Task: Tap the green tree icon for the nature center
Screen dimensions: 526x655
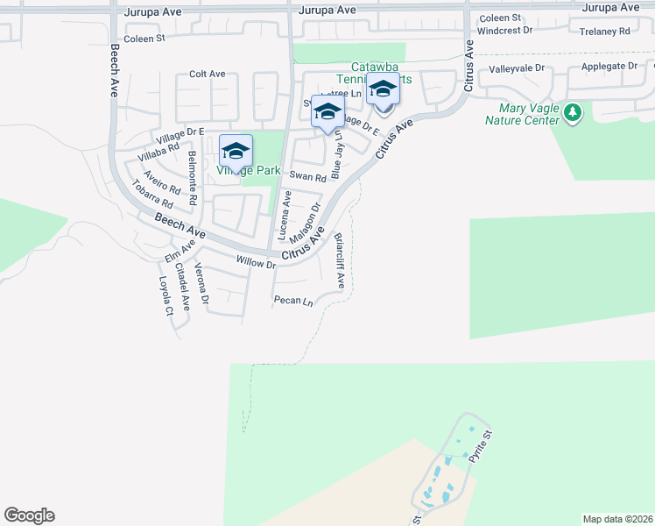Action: (x=573, y=113)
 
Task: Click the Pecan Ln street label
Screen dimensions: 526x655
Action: (x=293, y=301)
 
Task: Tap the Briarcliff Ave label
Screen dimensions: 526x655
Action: (x=340, y=260)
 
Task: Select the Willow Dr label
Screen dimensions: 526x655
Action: (x=257, y=260)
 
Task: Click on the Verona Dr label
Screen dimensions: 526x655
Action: (x=201, y=283)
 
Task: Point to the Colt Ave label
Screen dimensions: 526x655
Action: (x=208, y=75)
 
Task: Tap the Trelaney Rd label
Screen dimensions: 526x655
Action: (x=605, y=32)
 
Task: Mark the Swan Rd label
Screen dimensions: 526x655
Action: (x=307, y=176)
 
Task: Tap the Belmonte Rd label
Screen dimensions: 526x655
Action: (x=193, y=177)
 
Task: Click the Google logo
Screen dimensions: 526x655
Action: (x=29, y=515)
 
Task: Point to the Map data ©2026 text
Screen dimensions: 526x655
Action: (x=616, y=519)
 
